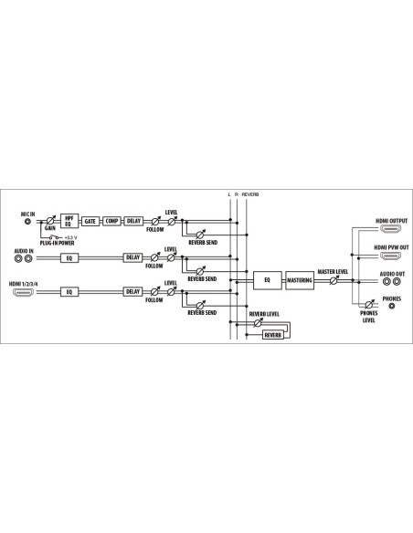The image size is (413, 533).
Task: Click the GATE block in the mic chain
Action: [x=90, y=221]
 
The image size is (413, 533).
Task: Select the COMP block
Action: [x=111, y=221]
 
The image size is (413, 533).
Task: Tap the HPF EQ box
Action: [x=69, y=221]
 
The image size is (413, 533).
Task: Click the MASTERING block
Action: [x=300, y=280]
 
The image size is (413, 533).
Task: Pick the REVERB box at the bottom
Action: [x=273, y=335]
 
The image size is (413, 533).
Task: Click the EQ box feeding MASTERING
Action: [x=268, y=280]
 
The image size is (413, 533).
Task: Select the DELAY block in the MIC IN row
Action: [x=133, y=221]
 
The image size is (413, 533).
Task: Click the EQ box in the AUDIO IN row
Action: [x=69, y=258]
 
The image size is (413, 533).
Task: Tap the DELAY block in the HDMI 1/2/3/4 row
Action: [x=133, y=292]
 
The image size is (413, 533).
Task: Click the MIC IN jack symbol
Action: [x=28, y=222]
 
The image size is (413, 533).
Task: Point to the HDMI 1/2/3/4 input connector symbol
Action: [x=23, y=292]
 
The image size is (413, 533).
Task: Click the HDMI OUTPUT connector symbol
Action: [x=390, y=228]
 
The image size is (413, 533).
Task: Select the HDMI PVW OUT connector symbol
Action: [x=390, y=255]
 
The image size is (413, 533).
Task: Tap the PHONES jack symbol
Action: [x=392, y=306]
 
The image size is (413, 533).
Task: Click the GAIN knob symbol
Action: [x=50, y=221]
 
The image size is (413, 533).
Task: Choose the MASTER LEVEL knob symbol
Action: [x=334, y=280]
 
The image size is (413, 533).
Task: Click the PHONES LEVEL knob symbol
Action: [x=369, y=305]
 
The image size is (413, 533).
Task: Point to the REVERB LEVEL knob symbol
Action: [x=258, y=323]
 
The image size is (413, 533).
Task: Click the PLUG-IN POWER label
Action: [x=58, y=243]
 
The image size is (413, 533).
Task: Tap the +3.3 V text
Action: [x=70, y=237]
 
